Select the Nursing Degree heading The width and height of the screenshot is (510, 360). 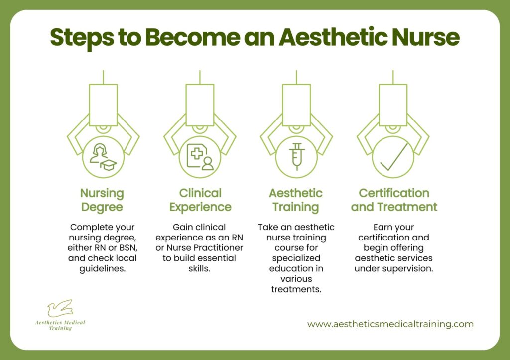pyautogui.click(x=103, y=200)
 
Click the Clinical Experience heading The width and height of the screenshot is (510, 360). pyautogui.click(x=200, y=200)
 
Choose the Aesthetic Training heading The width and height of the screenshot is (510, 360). pyautogui.click(x=296, y=200)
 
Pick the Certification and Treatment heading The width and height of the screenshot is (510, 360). pyautogui.click(x=393, y=200)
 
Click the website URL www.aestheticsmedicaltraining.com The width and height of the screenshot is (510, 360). pyautogui.click(x=390, y=324)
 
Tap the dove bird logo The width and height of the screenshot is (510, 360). pyautogui.click(x=60, y=308)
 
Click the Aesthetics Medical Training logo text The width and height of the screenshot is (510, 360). pyautogui.click(x=60, y=325)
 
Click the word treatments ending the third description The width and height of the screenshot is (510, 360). pyautogui.click(x=296, y=289)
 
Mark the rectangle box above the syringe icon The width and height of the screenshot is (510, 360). pyautogui.click(x=296, y=105)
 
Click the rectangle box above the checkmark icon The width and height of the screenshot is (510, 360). pyautogui.click(x=393, y=105)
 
